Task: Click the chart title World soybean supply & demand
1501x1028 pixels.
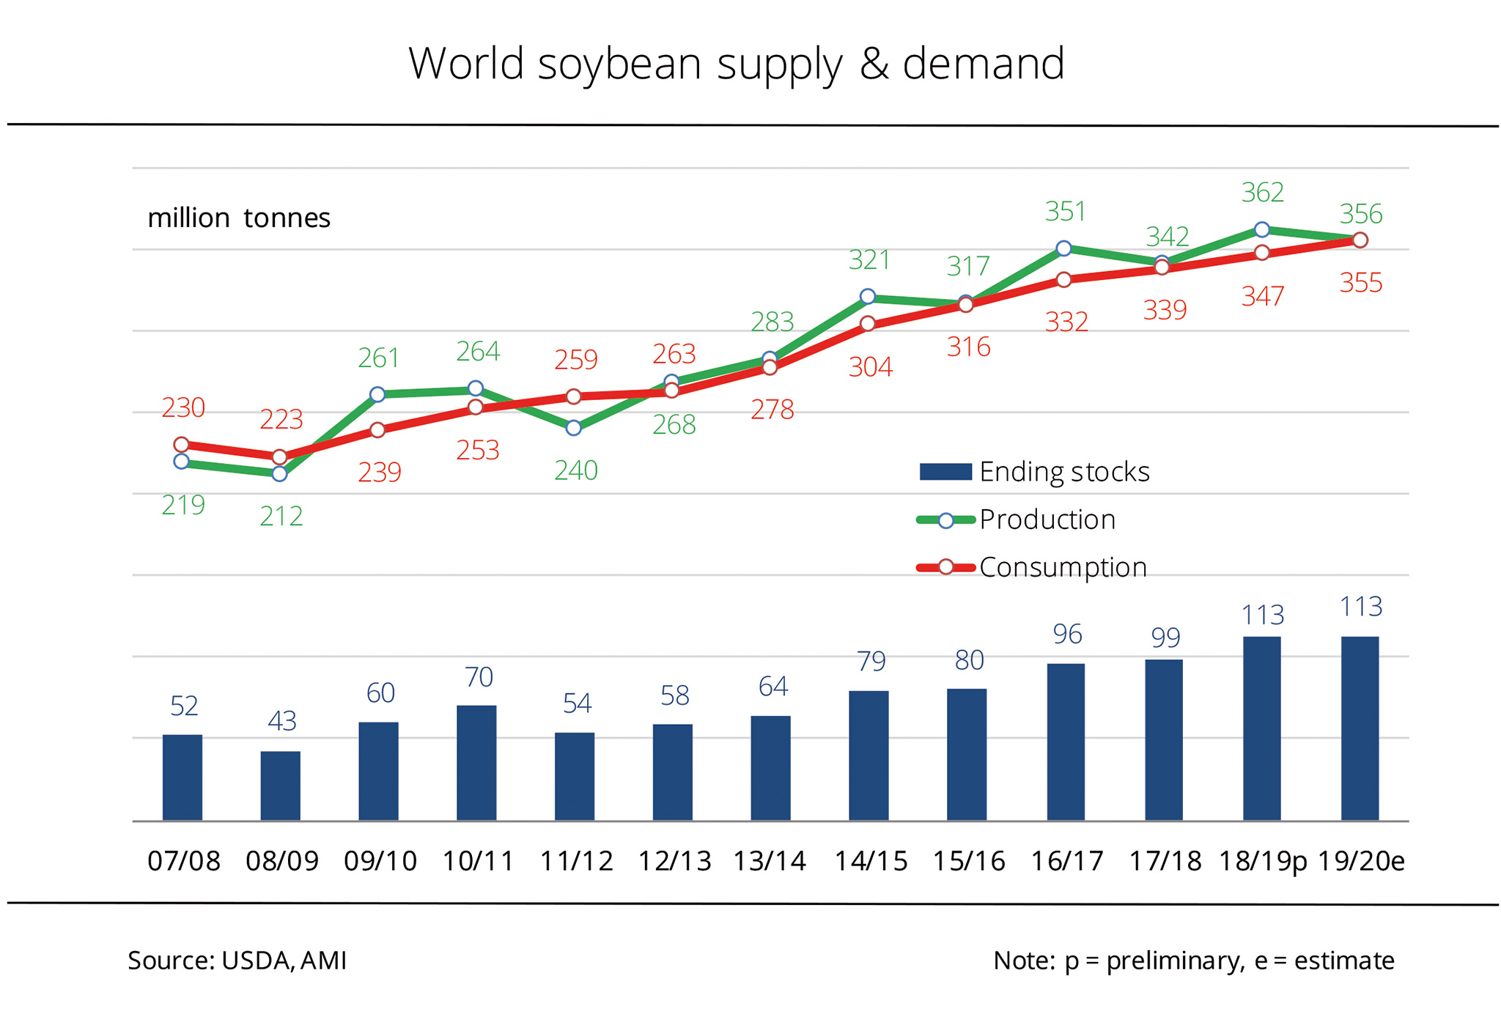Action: (x=736, y=64)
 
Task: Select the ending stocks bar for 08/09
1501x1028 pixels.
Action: (x=281, y=785)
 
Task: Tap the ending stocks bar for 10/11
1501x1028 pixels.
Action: (x=476, y=763)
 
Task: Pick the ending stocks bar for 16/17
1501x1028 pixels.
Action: (x=1066, y=742)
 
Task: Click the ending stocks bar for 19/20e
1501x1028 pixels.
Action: (x=1360, y=728)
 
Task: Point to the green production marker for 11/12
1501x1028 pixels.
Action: (x=574, y=428)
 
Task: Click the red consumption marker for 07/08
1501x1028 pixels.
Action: (x=182, y=445)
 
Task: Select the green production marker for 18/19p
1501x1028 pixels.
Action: (x=1262, y=229)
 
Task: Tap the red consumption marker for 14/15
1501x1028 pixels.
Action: (x=868, y=323)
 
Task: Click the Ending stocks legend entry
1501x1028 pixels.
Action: (x=1034, y=472)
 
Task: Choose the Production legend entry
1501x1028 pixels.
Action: (x=1016, y=519)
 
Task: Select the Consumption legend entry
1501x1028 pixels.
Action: (x=1032, y=567)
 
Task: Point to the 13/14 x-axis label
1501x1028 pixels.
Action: (x=770, y=861)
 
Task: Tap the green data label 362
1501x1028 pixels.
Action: (x=1263, y=193)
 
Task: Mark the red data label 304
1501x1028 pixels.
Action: (x=871, y=366)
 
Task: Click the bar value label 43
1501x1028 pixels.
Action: (x=282, y=721)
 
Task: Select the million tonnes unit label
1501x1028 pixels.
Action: (x=239, y=218)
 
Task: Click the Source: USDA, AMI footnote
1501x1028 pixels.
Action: (x=237, y=961)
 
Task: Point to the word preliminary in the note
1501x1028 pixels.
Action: (x=1176, y=961)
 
